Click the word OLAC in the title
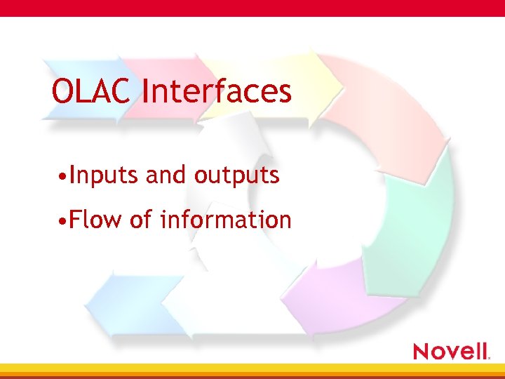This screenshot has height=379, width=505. (90, 91)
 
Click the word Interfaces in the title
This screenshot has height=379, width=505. (216, 91)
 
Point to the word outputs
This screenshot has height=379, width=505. (236, 175)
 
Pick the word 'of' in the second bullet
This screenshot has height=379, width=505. (141, 220)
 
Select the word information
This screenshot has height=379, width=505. (225, 220)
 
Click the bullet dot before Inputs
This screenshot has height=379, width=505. (63, 177)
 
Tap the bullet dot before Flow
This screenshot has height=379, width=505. (63, 221)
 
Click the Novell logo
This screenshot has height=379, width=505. (451, 350)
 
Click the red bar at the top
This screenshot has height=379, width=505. (252, 8)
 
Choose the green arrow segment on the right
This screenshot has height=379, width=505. (421, 218)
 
